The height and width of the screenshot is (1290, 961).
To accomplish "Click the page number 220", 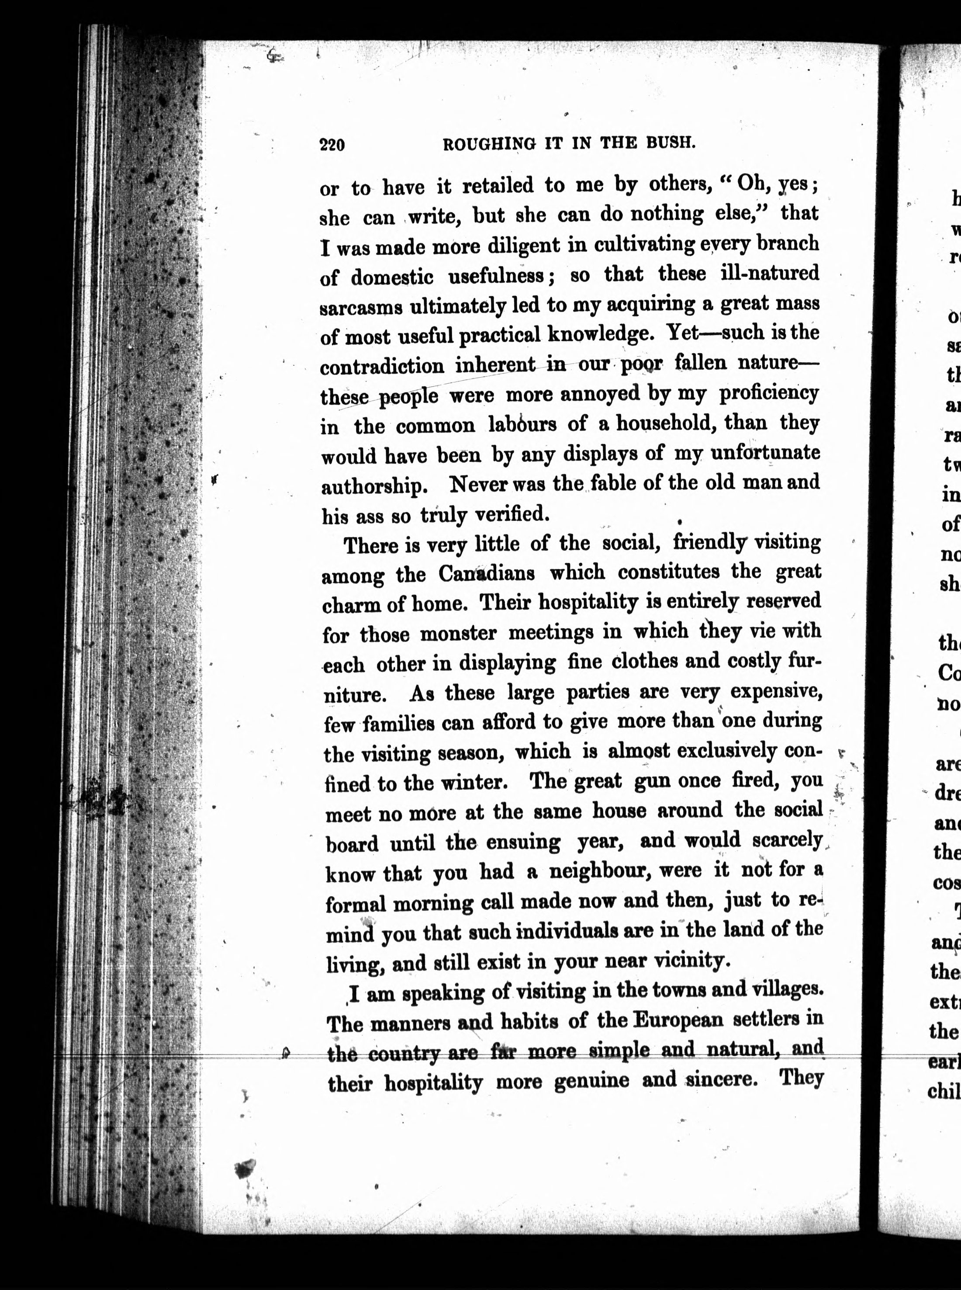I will (332, 144).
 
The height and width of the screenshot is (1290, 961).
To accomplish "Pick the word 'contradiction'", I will (382, 367).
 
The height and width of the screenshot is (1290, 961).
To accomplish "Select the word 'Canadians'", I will (487, 574).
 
